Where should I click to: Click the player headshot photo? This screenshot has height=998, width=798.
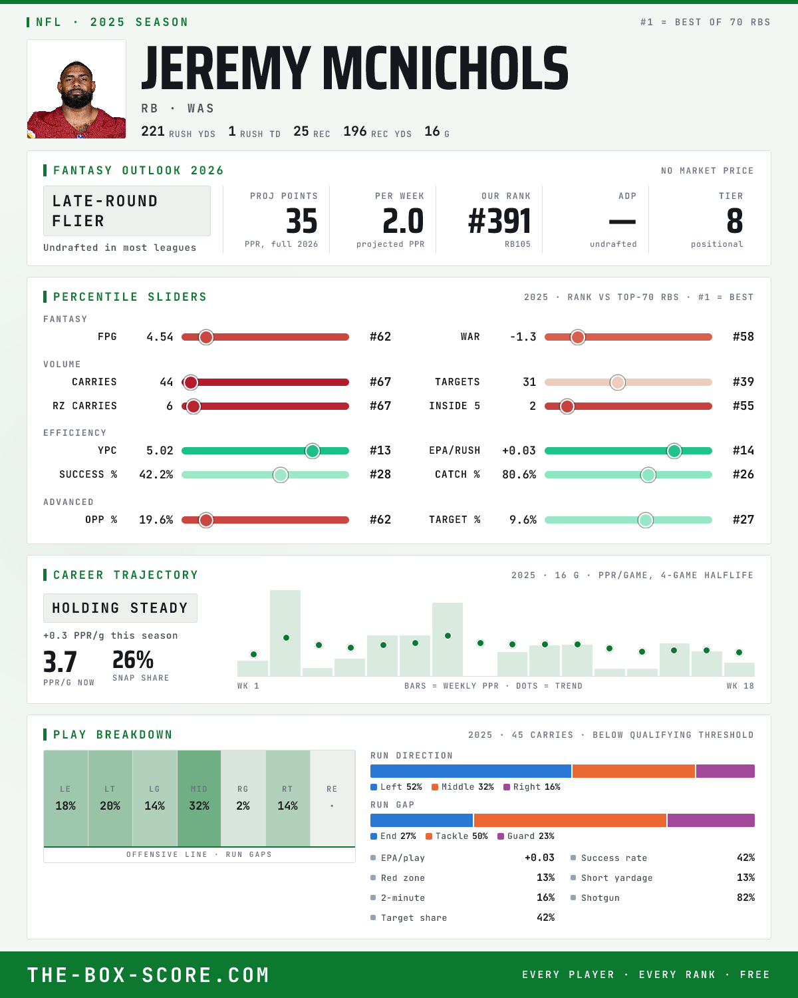pyautogui.click(x=76, y=89)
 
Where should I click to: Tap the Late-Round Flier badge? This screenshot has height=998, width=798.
pyautogui.click(x=126, y=211)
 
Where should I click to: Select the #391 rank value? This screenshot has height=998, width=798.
pyautogui.click(x=499, y=221)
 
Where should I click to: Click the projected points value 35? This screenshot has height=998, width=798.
pyautogui.click(x=302, y=221)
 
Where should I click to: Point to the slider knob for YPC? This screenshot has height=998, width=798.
pyautogui.click(x=313, y=451)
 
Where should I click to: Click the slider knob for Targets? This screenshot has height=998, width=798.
pyautogui.click(x=618, y=382)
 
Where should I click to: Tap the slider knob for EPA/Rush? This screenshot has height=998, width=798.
pyautogui.click(x=674, y=451)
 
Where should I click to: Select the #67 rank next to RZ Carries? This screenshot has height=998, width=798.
pyautogui.click(x=380, y=407)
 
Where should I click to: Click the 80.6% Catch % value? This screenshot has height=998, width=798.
pyautogui.click(x=519, y=474)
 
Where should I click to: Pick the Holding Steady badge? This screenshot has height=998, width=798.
pyautogui.click(x=120, y=608)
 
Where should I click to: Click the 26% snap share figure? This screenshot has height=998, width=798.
pyautogui.click(x=133, y=660)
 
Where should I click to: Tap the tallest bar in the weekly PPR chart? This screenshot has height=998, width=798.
pyautogui.click(x=285, y=633)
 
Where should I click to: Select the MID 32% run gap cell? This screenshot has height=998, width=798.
pyautogui.click(x=199, y=798)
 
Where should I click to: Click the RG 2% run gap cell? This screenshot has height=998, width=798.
pyautogui.click(x=243, y=798)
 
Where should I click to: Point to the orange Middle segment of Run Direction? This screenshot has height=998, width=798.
pyautogui.click(x=634, y=770)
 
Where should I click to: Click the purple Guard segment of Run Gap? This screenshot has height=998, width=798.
pyautogui.click(x=712, y=820)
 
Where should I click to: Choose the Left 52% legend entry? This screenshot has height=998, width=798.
pyautogui.click(x=396, y=787)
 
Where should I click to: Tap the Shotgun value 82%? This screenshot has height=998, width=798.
pyautogui.click(x=745, y=898)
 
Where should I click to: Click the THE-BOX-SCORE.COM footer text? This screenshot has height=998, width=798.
pyautogui.click(x=148, y=975)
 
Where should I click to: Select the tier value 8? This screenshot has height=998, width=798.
pyautogui.click(x=734, y=221)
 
